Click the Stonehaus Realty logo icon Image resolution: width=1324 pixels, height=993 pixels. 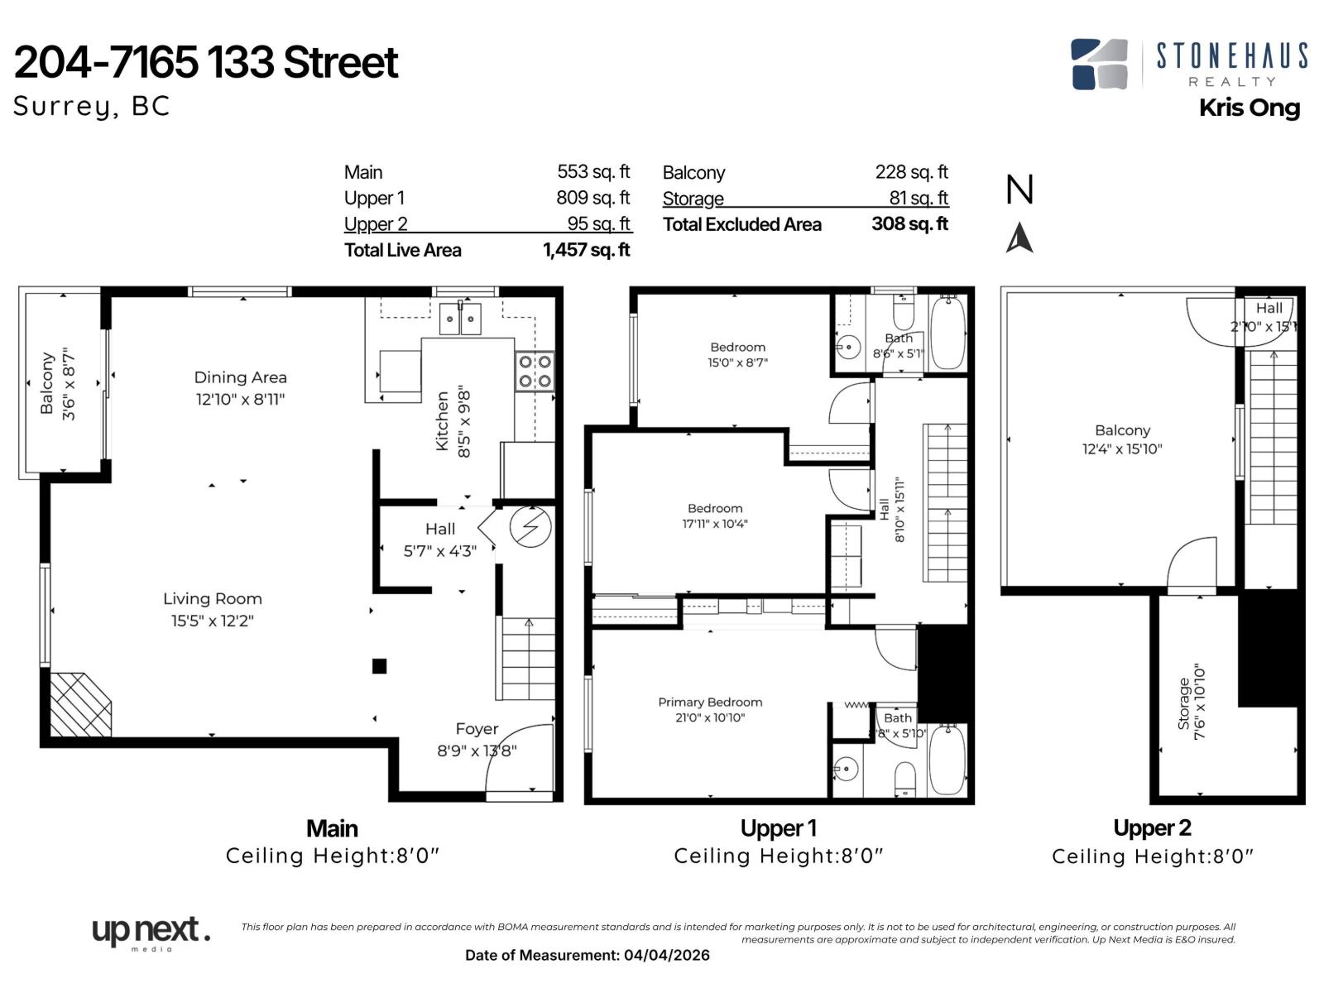pyautogui.click(x=1099, y=65)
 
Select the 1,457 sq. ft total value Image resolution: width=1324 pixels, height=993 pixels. pyautogui.click(x=586, y=250)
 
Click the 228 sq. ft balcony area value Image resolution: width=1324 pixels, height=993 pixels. pyautogui.click(x=911, y=172)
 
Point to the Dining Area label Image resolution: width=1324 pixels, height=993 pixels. pyautogui.click(x=240, y=377)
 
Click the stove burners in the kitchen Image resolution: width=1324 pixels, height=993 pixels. pyautogui.click(x=535, y=372)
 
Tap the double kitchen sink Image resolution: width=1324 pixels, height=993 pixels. pyautogui.click(x=460, y=319)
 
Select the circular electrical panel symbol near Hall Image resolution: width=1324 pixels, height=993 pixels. pyautogui.click(x=530, y=527)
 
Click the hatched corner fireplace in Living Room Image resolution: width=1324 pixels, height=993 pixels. pyautogui.click(x=79, y=704)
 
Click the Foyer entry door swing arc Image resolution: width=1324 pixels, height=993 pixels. pyautogui.click(x=517, y=757)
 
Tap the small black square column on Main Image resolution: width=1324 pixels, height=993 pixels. pyautogui.click(x=379, y=666)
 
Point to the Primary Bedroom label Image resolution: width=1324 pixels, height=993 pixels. pyautogui.click(x=710, y=702)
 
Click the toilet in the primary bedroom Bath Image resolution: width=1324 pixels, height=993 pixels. pyautogui.click(x=906, y=779)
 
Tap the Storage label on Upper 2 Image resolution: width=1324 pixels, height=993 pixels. pyautogui.click(x=1183, y=703)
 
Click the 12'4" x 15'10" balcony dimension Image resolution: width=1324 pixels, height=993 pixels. pyautogui.click(x=1122, y=449)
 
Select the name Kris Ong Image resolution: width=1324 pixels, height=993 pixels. pyautogui.click(x=1250, y=108)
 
